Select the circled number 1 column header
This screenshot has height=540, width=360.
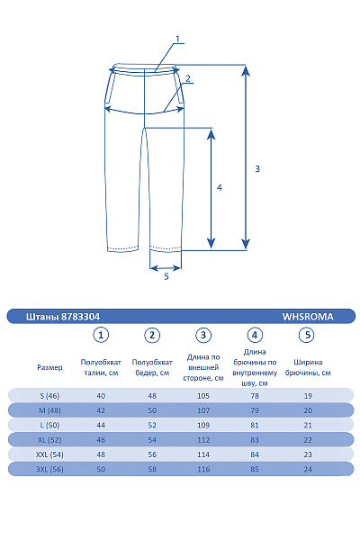point(102,335)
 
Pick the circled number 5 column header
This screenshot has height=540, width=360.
point(308,335)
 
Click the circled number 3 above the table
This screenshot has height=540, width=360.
point(204,335)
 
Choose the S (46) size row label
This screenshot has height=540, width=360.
point(50,395)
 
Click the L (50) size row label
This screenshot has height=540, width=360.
point(50,425)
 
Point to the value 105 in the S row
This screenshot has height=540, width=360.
point(204,395)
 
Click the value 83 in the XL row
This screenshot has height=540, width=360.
point(256,439)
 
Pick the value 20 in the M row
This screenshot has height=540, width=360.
point(308,409)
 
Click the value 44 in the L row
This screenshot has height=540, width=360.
point(101,425)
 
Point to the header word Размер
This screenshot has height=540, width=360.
point(50,367)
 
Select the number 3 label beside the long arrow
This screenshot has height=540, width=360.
point(257,168)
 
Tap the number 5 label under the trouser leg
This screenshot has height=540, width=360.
point(166,276)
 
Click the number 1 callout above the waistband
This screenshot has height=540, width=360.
point(178,38)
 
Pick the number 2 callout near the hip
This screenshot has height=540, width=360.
point(188,78)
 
